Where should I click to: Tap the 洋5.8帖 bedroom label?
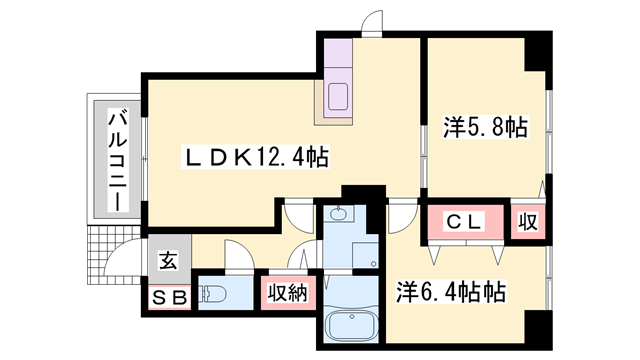[485, 128]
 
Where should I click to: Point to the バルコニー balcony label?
[117, 159]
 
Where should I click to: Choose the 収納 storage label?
[285, 293]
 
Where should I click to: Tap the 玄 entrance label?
[169, 262]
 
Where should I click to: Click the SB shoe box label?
[169, 296]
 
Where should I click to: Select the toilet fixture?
[214, 294]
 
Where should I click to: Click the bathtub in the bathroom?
[351, 326]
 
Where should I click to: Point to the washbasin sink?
[340, 214]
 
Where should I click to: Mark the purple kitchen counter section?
[337, 58]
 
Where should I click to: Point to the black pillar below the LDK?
[362, 192]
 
